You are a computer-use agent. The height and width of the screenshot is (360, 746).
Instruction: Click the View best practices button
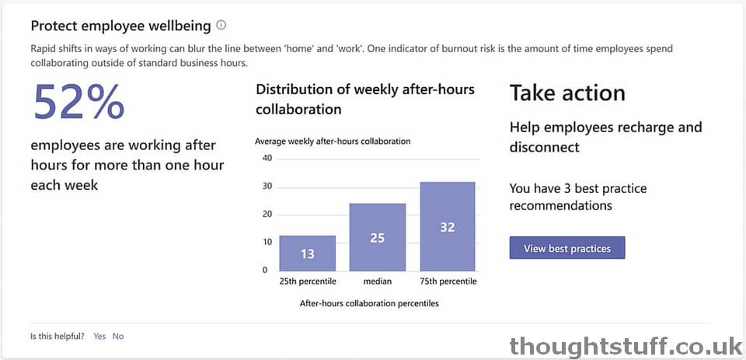click(x=567, y=248)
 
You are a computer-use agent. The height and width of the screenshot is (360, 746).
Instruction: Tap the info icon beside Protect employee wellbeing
click(x=221, y=25)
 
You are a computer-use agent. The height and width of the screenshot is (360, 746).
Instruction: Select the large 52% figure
click(x=78, y=101)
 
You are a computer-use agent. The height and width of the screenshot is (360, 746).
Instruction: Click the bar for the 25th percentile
click(x=308, y=253)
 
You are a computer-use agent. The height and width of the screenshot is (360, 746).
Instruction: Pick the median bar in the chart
click(x=378, y=236)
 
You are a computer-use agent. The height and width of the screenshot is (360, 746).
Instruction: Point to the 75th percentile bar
click(x=448, y=226)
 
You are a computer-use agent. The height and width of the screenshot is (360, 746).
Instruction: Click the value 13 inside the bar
click(x=308, y=254)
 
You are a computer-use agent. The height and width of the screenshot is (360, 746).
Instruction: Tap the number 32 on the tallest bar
click(x=448, y=228)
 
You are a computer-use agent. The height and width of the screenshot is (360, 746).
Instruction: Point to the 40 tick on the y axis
click(x=267, y=159)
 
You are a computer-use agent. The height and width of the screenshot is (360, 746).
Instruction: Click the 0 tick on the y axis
click(x=265, y=270)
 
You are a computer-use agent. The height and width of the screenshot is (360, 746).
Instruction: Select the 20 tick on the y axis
click(x=267, y=215)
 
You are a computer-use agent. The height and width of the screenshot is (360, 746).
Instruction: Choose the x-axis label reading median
click(x=378, y=281)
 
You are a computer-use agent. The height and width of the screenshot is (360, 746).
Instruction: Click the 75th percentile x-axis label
click(x=448, y=281)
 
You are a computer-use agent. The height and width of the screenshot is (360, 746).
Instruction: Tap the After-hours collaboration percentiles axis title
click(x=369, y=303)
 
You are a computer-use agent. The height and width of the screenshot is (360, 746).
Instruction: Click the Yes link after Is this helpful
click(x=99, y=336)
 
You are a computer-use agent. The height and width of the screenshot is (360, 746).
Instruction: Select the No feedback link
click(x=118, y=336)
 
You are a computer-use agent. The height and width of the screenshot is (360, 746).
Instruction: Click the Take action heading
click(x=567, y=93)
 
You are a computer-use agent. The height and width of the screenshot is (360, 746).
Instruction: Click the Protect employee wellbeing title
click(x=121, y=26)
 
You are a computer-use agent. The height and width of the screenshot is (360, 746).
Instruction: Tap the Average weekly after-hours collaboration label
click(x=333, y=141)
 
